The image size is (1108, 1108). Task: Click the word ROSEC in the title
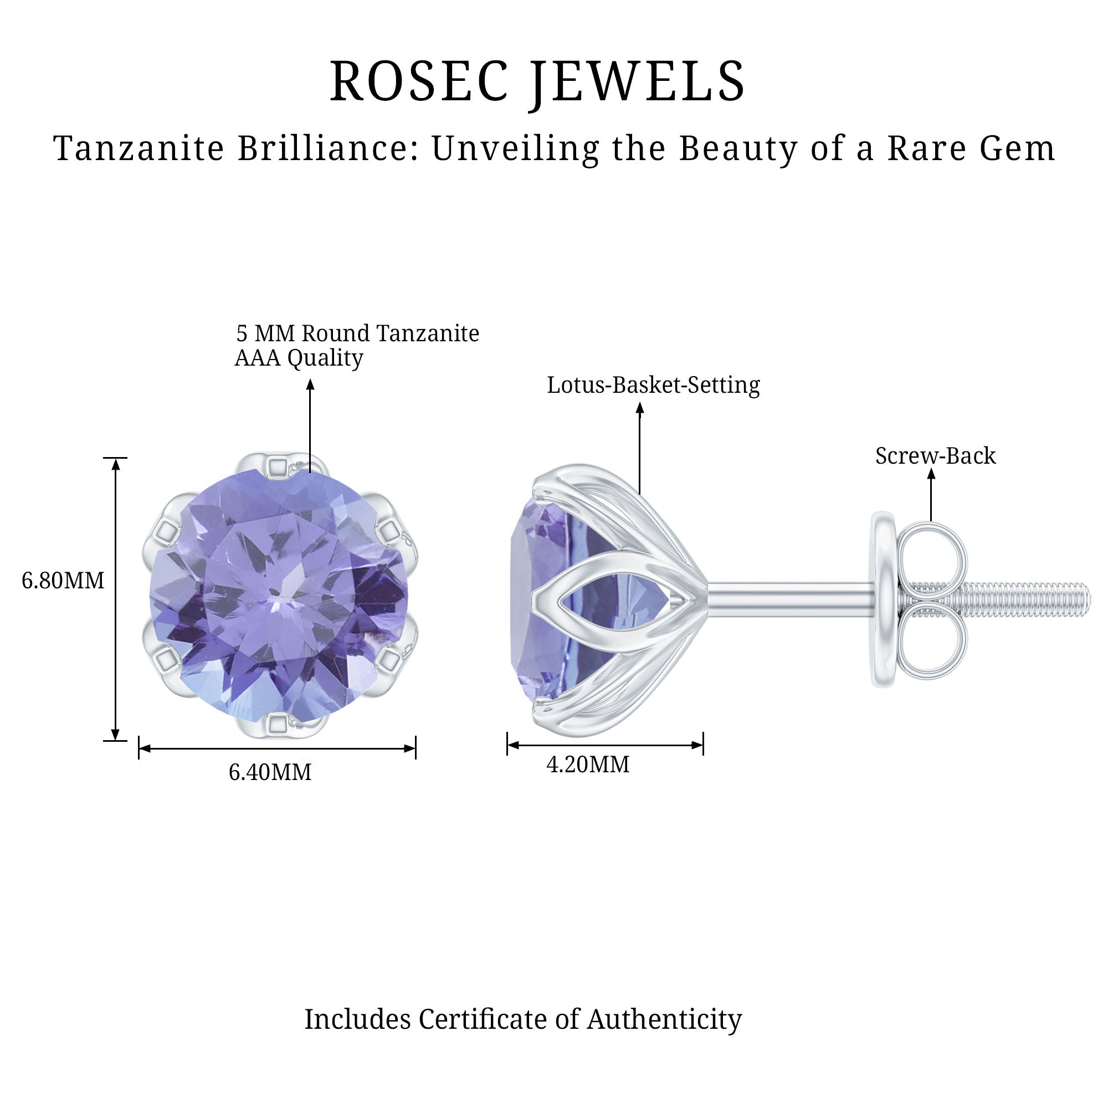click(419, 81)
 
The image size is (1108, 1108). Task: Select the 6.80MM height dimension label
click(63, 581)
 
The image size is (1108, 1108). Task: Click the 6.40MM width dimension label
click(270, 772)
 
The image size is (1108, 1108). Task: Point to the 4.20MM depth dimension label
click(588, 765)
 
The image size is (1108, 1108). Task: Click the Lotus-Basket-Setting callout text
click(653, 385)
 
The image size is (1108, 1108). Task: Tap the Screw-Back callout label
click(935, 456)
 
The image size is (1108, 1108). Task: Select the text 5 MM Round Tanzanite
click(358, 333)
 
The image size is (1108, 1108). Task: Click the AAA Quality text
click(299, 358)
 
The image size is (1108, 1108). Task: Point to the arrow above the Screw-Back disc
click(931, 495)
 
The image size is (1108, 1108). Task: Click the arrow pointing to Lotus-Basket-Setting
click(640, 448)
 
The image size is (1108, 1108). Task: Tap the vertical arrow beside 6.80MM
click(116, 599)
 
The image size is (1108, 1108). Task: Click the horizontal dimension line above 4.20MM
click(605, 745)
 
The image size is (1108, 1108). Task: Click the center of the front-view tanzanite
click(279, 596)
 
